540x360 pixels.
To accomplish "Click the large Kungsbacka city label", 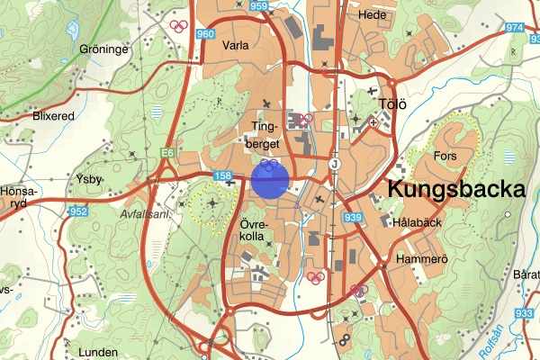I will [456, 189].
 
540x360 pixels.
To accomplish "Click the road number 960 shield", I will [206, 34].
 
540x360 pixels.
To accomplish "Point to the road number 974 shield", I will [515, 28].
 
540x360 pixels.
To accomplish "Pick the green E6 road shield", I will [167, 154].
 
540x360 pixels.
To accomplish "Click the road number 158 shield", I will [223, 174].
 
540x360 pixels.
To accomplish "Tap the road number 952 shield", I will [78, 212].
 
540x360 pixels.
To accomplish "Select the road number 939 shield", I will [352, 217].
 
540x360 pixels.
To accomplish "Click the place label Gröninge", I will [104, 49].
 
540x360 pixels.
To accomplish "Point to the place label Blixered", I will [53, 116].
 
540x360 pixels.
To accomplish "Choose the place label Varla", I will [235, 44].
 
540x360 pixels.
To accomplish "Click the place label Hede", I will [372, 15].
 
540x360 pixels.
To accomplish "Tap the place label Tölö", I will [393, 104].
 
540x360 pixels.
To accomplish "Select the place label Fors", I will [445, 156].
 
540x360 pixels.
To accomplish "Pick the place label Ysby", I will [90, 178].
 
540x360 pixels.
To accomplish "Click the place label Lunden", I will [99, 352].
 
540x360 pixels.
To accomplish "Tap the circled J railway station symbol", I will [335, 165].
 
